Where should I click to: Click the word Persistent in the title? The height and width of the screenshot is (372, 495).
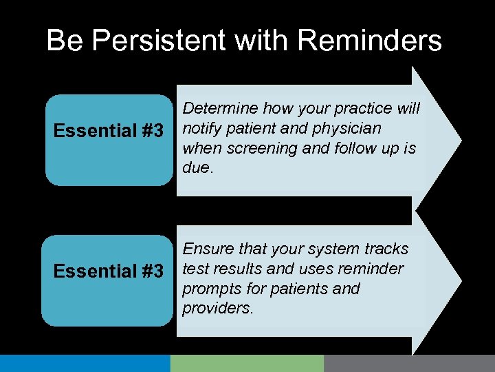point(159,41)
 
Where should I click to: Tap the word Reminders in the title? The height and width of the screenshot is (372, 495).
point(371,41)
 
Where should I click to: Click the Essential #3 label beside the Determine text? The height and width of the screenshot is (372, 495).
point(109,130)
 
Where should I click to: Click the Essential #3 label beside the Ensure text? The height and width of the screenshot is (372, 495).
point(109,271)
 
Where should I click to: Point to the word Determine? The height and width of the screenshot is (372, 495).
point(217,109)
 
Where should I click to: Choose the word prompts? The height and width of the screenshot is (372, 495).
point(209,288)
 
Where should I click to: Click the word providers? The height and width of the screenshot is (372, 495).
point(217,308)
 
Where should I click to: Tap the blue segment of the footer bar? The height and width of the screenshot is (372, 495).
point(85,363)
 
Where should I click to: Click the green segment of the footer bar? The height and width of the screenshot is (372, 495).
point(247,363)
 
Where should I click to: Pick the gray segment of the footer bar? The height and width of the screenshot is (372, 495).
point(409,363)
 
